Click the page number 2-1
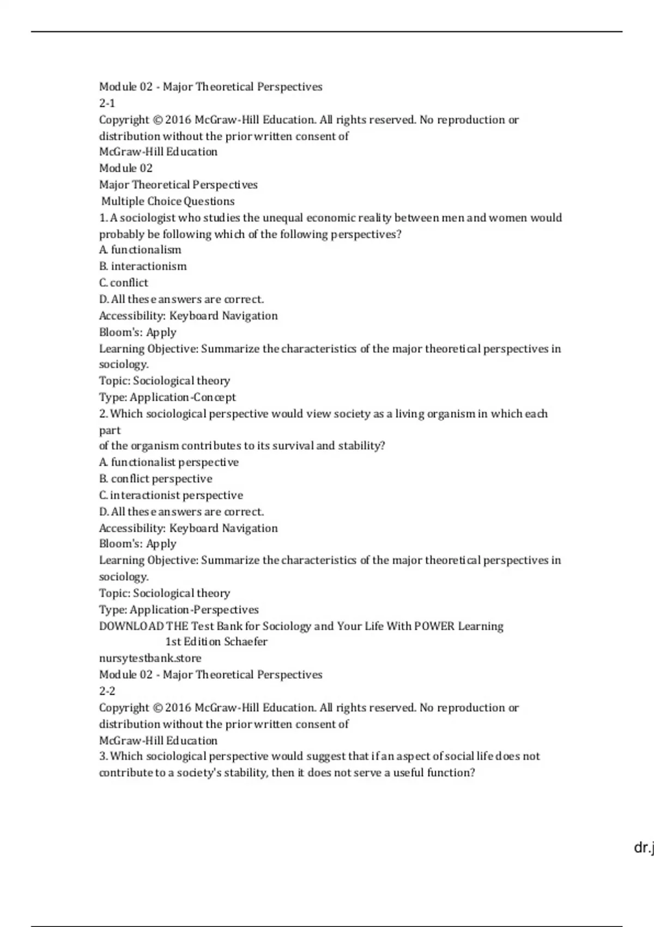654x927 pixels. [x=107, y=103]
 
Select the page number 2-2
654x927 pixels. [x=107, y=691]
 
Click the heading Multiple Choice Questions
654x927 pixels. [x=168, y=201]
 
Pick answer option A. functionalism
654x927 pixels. [x=140, y=250]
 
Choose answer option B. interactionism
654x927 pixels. [x=143, y=266]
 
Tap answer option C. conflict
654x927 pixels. [x=124, y=282]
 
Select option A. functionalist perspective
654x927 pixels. [x=169, y=462]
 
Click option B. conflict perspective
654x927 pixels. [x=156, y=479]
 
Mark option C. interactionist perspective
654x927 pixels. [x=171, y=495]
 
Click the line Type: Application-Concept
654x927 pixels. [x=167, y=397]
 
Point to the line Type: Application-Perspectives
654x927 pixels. [x=179, y=610]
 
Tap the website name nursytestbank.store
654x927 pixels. [x=150, y=658]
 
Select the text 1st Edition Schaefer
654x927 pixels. [x=216, y=642]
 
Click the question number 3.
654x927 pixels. [x=103, y=756]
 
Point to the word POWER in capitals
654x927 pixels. [x=434, y=626]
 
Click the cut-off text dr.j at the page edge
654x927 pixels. [x=644, y=848]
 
